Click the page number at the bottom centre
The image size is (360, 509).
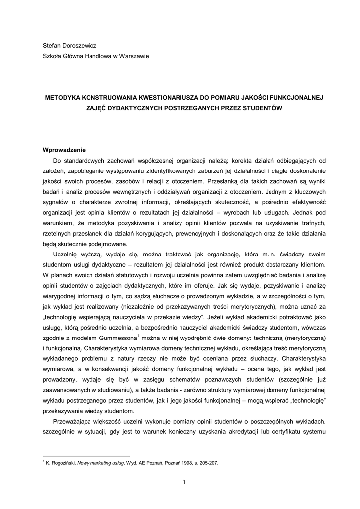click(x=183, y=482)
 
